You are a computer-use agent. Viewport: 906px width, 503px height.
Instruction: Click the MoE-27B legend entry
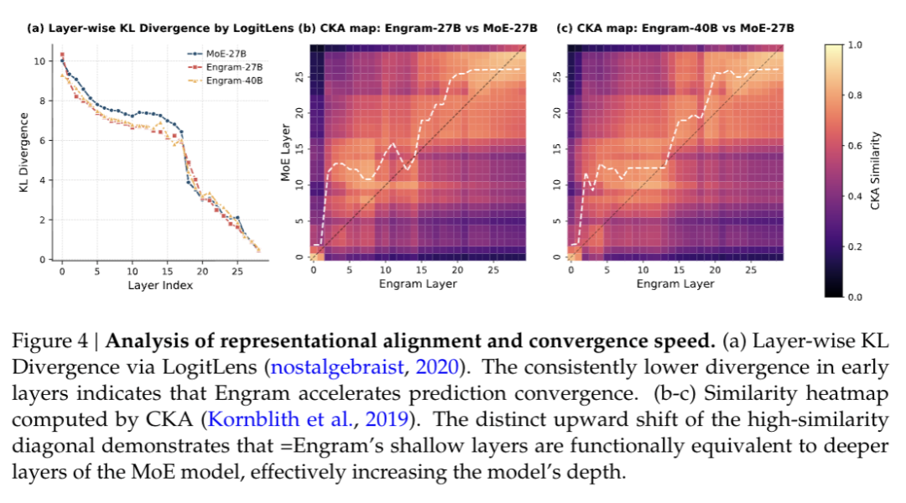(x=224, y=53)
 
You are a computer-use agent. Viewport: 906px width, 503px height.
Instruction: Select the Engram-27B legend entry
(x=230, y=66)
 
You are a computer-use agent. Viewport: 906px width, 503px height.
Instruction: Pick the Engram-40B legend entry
(x=230, y=80)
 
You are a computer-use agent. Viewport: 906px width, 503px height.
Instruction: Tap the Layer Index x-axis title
(x=160, y=285)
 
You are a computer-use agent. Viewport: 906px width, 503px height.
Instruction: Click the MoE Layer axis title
(x=285, y=154)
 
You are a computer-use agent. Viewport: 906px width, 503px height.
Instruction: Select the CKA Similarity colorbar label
(x=875, y=170)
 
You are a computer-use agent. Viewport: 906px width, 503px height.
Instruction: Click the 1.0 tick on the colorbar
(x=854, y=44)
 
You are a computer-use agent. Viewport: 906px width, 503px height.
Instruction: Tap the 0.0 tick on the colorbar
(x=854, y=297)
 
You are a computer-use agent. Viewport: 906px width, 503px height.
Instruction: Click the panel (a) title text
(x=160, y=28)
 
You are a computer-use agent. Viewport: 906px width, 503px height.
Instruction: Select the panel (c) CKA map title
(x=675, y=28)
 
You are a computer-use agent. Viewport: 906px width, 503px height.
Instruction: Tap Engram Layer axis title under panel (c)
(x=675, y=283)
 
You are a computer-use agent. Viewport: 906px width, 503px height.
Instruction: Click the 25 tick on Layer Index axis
(x=237, y=271)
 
